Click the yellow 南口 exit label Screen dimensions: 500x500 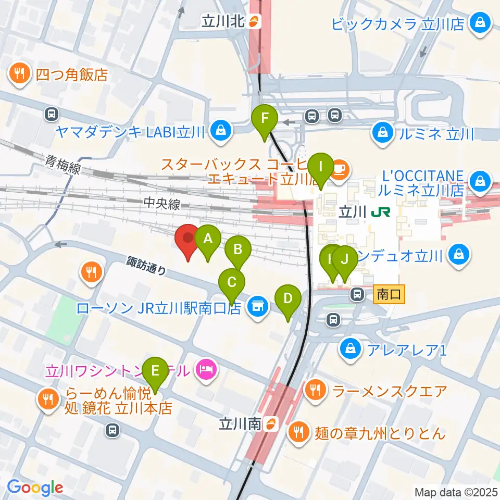[389, 295]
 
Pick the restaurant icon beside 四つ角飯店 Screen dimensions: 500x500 [20, 74]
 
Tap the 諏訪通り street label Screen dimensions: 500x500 [147, 266]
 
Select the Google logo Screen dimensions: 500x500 [35, 488]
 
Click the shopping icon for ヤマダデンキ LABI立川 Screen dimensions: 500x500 [221, 131]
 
